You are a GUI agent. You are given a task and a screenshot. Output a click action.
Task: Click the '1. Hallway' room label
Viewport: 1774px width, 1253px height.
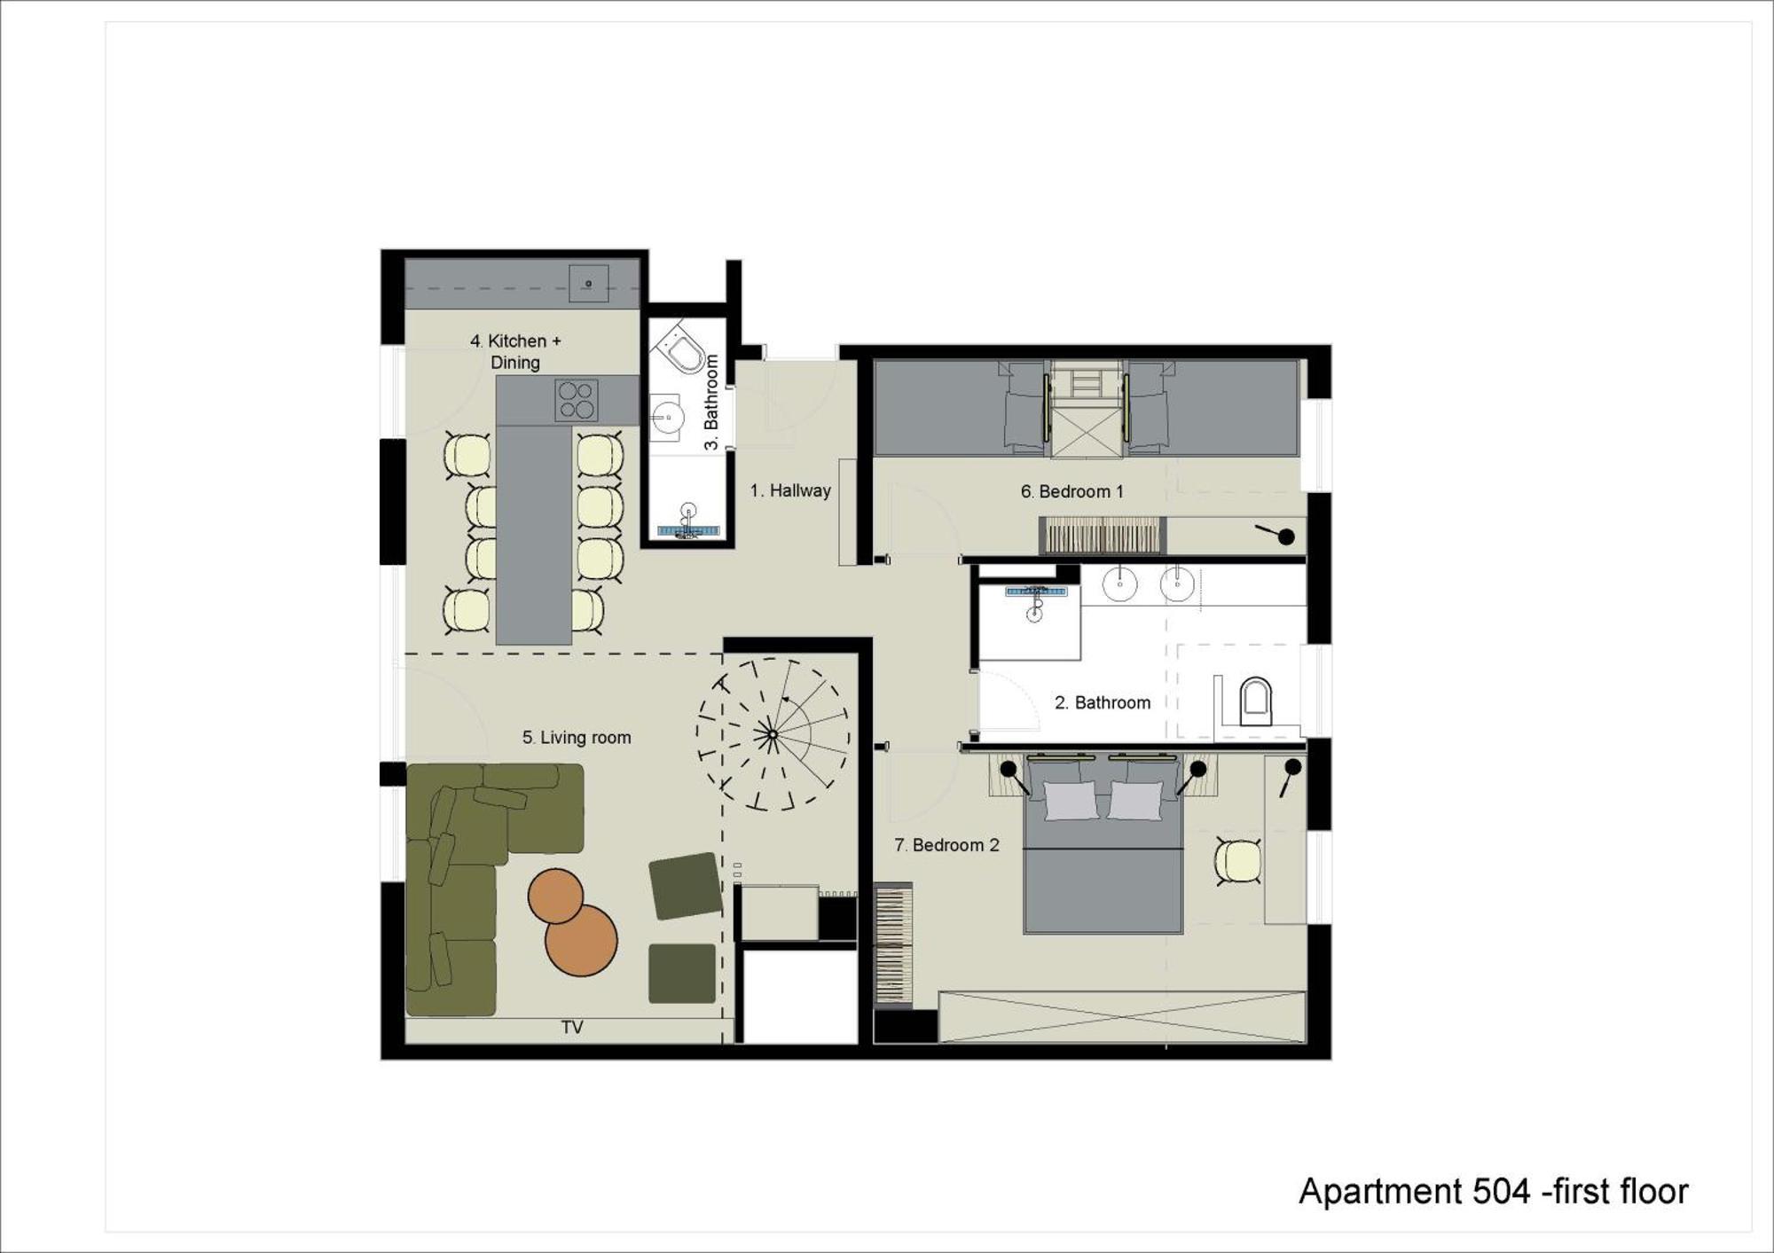790,490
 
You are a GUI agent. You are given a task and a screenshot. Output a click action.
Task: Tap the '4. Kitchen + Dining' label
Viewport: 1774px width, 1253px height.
515,351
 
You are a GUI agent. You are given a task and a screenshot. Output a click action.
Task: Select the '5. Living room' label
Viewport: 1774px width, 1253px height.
577,738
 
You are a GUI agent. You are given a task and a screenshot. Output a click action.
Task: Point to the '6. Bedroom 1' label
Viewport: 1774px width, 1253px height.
1071,491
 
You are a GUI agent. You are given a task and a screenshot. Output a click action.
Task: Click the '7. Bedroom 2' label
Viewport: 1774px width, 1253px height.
946,845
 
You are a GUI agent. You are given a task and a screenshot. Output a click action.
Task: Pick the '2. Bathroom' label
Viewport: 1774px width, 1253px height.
1103,702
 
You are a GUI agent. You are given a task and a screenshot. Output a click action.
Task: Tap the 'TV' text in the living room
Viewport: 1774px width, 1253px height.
572,1027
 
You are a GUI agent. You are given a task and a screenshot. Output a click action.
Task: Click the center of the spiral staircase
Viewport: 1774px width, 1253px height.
773,734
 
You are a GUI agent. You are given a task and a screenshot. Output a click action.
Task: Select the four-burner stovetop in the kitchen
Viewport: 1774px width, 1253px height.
576,400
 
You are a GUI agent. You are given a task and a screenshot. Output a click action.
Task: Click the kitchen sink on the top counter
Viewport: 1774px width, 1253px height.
588,284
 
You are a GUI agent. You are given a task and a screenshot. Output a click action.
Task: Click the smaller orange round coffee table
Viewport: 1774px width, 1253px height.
556,897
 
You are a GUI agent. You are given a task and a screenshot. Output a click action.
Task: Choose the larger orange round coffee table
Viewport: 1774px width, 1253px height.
581,940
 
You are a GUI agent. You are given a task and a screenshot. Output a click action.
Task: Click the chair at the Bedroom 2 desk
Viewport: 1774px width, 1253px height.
1238,861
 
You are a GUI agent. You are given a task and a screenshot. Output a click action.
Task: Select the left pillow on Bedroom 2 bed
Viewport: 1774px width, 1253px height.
1071,801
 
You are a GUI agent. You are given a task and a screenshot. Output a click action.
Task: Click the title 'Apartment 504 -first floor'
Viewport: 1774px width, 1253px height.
1494,1192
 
